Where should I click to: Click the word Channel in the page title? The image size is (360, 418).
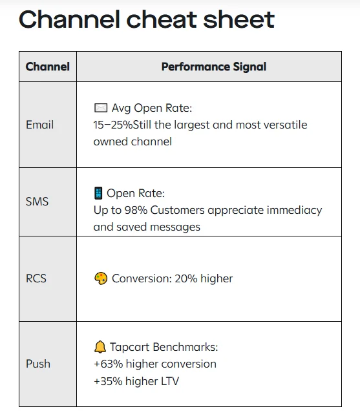point(66,19)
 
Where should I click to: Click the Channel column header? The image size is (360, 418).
point(47,67)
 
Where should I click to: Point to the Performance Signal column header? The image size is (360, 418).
point(213,67)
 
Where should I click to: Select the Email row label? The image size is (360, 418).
point(39,125)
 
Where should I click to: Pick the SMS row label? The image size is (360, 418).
point(37,202)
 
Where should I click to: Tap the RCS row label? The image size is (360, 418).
point(36,278)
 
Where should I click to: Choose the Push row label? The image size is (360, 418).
point(38,364)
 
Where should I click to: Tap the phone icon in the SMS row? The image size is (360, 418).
point(98,193)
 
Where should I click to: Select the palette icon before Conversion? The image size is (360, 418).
point(100,278)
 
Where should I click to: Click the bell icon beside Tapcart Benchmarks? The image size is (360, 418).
point(100,347)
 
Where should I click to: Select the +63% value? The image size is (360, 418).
point(107,364)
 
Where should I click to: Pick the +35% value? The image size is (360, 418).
point(107,381)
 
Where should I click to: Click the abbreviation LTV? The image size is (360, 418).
point(167,381)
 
